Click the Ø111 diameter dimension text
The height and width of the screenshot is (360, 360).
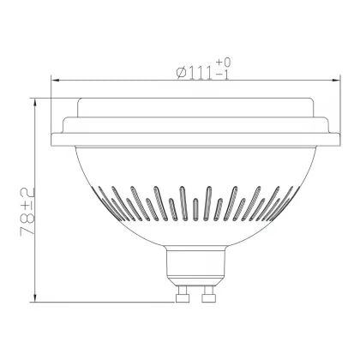point(195,73)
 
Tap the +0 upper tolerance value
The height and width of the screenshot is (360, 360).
point(223,62)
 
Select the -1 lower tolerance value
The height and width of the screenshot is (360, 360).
point(223,75)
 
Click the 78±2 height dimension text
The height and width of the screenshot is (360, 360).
point(27,212)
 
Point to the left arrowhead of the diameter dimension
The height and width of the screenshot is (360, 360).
point(55,81)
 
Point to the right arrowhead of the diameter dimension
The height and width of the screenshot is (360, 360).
point(336,81)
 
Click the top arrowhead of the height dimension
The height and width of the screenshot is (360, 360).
point(35,103)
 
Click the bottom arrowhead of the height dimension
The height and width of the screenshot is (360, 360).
point(35,297)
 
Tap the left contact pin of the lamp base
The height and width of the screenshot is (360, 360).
point(183,294)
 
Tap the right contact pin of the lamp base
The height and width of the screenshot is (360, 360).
point(208,294)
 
